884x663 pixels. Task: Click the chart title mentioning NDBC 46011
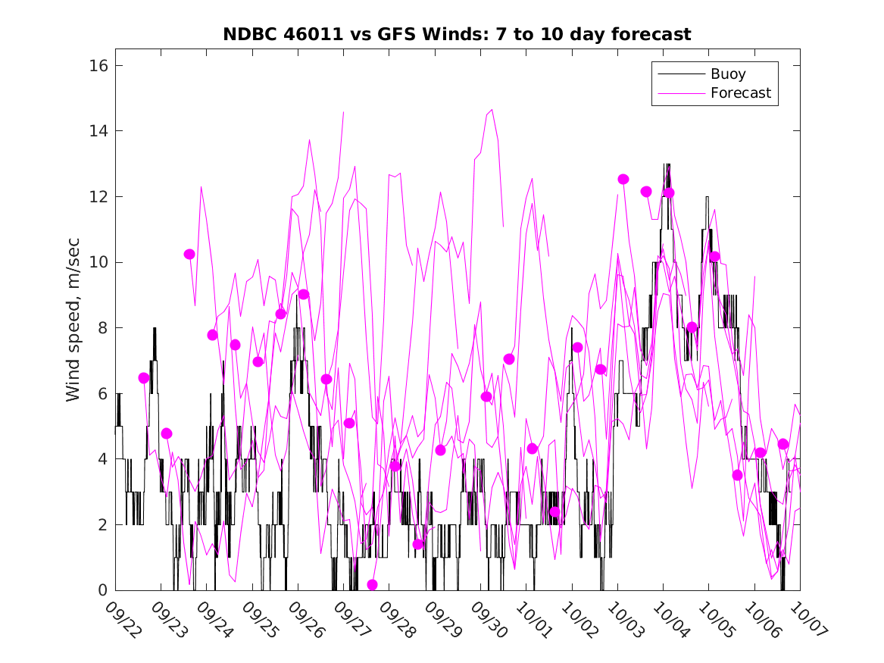(456, 35)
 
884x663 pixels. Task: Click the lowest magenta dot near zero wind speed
(372, 584)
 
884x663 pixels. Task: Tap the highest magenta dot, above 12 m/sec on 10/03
(623, 180)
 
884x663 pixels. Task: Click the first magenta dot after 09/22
(144, 378)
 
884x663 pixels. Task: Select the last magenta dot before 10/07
(783, 444)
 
